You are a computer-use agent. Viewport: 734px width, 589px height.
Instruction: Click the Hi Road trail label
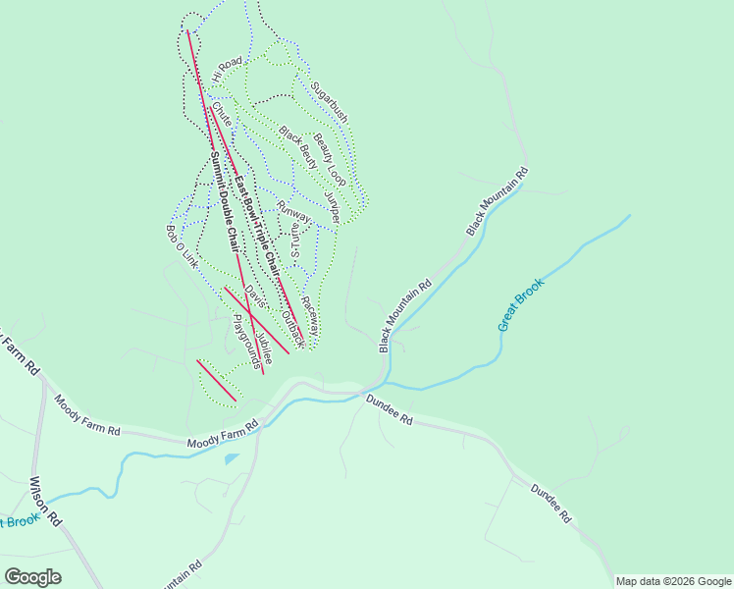[226, 69]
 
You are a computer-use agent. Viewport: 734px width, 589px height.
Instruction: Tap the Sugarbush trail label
[329, 101]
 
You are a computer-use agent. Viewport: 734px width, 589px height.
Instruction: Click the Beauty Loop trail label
[331, 159]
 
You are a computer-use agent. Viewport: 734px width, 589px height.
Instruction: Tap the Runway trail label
[293, 211]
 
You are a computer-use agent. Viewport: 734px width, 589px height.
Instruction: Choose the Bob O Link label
[182, 247]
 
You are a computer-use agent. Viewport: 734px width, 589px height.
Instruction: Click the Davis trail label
[254, 295]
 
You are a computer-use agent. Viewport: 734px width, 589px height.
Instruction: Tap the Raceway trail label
[310, 315]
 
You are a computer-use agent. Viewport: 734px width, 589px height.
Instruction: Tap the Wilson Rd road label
[46, 501]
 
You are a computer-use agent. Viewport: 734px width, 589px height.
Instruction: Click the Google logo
[32, 576]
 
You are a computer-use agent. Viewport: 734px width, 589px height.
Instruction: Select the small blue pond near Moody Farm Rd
[231, 458]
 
